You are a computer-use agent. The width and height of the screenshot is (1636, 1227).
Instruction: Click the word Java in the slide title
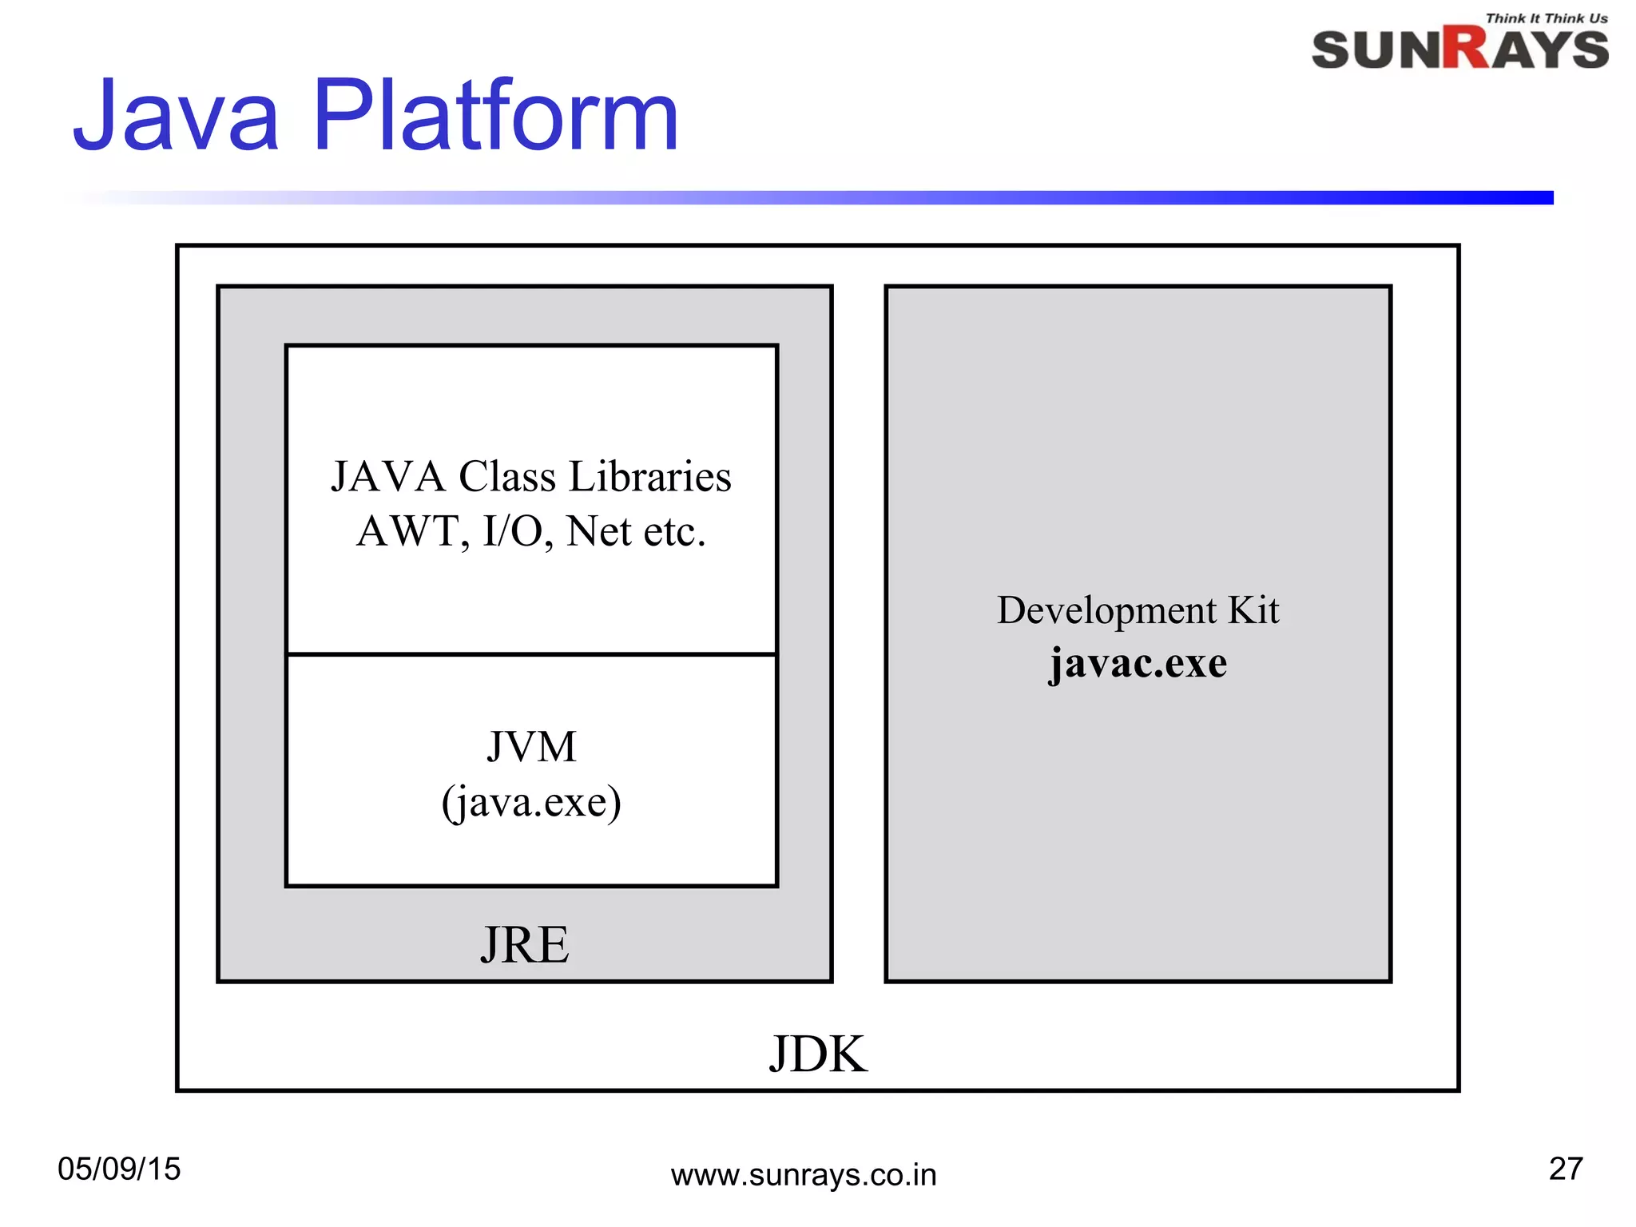tap(176, 116)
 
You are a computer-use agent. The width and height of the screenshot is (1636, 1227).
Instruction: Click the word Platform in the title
tap(495, 116)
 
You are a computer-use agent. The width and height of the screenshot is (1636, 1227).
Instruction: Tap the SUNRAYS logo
tap(1459, 50)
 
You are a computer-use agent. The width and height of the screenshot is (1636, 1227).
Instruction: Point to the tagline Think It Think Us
tap(1547, 18)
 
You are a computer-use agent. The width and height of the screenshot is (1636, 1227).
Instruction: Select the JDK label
tap(817, 1054)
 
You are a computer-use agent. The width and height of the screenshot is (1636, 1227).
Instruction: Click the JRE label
tap(525, 945)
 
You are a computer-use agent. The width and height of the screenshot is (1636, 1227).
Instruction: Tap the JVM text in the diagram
tap(531, 748)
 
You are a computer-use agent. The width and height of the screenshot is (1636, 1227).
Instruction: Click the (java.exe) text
tap(531, 802)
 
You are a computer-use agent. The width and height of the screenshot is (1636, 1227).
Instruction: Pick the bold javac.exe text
tap(1138, 663)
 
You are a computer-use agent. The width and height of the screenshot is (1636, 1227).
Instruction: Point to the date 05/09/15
tap(119, 1169)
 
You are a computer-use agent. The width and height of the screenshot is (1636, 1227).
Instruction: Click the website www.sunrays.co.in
tap(803, 1175)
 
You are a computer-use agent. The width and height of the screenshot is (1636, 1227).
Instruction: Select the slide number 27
tap(1566, 1169)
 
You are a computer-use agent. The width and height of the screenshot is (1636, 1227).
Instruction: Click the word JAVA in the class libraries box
tap(388, 477)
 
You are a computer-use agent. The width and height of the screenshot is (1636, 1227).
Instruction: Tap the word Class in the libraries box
tap(506, 477)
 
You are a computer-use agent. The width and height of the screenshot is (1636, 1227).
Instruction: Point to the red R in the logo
tap(1467, 50)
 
